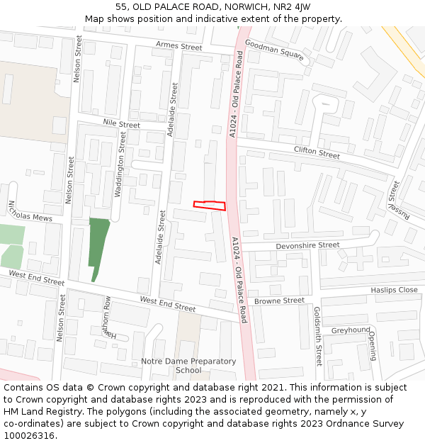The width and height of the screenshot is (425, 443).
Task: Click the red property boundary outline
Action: tap(210, 206)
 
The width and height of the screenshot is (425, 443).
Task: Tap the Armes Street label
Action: tap(178, 47)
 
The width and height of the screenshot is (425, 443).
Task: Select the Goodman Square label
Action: tap(274, 50)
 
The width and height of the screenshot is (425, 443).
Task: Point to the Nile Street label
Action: tap(121, 124)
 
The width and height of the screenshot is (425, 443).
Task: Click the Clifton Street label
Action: tap(317, 152)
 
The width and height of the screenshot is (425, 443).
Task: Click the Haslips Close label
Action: tap(394, 290)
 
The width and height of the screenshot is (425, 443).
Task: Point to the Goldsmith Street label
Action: tap(318, 336)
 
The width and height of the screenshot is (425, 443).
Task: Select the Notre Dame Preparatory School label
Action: tap(188, 366)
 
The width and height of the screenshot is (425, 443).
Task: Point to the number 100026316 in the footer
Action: tap(28, 435)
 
